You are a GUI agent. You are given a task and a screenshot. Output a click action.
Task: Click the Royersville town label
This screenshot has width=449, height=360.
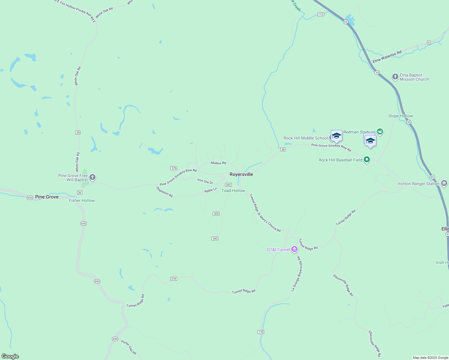tap(241, 174)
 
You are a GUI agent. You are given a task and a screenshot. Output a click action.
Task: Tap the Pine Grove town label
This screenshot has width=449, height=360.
tap(47, 197)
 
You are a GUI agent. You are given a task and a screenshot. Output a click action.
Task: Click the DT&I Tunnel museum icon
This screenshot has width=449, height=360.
tap(294, 249)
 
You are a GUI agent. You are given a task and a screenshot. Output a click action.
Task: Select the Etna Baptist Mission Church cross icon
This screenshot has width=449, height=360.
tap(395, 77)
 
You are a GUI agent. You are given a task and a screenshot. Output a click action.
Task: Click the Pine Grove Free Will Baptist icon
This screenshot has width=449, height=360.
tap(92, 177)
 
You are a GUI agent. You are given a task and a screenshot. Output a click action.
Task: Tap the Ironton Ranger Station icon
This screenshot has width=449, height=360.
tap(444, 183)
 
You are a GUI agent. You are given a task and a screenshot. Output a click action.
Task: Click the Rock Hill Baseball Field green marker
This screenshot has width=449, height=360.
tap(366, 160)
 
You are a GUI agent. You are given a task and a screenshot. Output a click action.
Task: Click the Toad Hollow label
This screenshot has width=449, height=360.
tap(233, 190)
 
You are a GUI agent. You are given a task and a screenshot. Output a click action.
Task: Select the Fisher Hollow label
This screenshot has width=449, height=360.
tap(82, 200)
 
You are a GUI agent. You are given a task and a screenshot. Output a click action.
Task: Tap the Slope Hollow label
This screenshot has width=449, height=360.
tap(400, 116)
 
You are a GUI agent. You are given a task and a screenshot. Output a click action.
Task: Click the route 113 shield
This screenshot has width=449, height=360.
tap(321, 14)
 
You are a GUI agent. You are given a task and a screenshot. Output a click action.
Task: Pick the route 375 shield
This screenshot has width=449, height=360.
tap(174, 168)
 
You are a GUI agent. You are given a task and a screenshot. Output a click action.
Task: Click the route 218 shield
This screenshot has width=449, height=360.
tap(173, 279)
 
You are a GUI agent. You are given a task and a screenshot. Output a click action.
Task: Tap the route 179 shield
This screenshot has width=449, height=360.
tap(261, 332)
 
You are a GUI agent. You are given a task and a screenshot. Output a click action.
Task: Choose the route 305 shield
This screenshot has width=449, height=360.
tap(216, 214)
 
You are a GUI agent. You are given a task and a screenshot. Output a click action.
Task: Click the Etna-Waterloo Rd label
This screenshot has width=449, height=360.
tap(387, 57)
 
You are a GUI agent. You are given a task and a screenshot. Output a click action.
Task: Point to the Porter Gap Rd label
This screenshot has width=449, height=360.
tap(129, 347)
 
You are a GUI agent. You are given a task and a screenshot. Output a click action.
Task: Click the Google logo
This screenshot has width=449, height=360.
tap(10, 356)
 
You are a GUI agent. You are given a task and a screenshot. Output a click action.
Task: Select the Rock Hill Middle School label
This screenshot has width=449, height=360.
tap(306, 138)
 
